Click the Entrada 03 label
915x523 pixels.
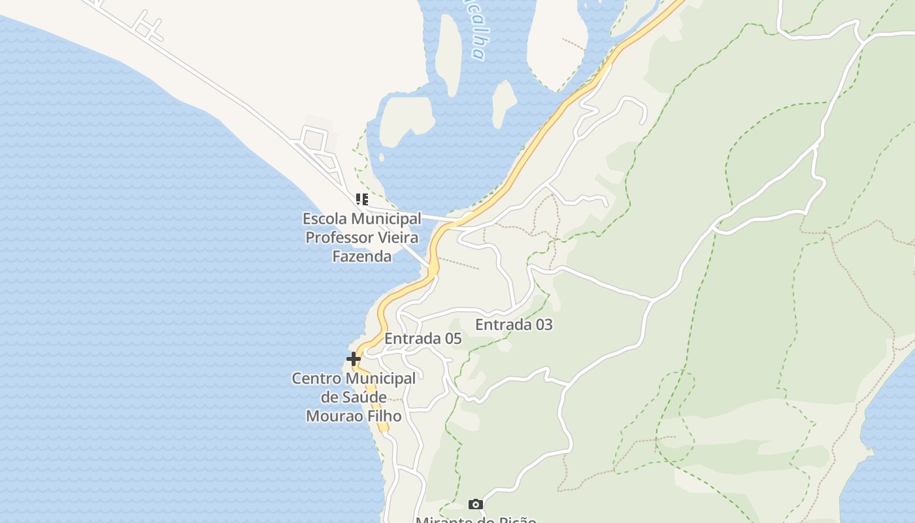click(x=514, y=324)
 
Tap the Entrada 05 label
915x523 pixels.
click(x=423, y=339)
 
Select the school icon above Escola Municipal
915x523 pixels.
click(x=361, y=199)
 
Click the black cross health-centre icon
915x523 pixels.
click(x=354, y=359)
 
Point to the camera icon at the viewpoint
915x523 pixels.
click(x=476, y=504)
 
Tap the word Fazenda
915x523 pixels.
click(x=362, y=256)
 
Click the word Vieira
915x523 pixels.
click(x=396, y=237)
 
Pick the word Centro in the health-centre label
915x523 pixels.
click(x=316, y=379)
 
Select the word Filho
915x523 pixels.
click(x=384, y=416)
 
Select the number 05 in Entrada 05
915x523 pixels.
click(x=452, y=339)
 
